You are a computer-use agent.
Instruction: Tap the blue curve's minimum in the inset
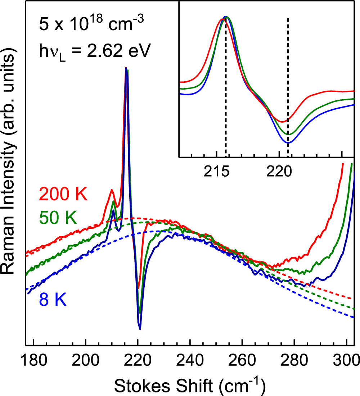pyautogui.click(x=288, y=143)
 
